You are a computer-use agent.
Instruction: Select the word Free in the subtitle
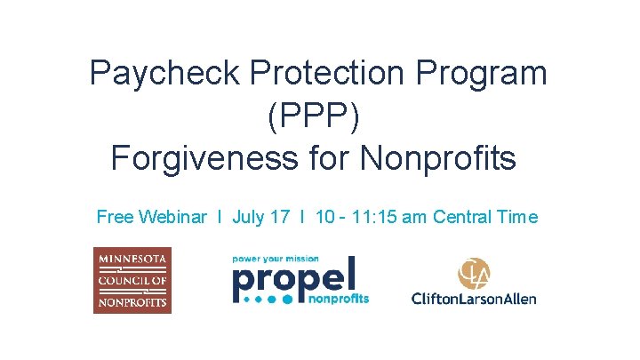[x=115, y=217]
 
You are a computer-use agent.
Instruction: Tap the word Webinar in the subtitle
[x=173, y=217]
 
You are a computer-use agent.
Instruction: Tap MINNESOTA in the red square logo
[x=132, y=260]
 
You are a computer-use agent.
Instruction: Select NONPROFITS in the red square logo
[x=132, y=300]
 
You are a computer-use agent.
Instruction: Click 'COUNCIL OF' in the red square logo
[x=132, y=280]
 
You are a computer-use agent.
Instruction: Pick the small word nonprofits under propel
[x=340, y=300]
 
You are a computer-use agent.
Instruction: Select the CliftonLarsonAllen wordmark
[x=474, y=299]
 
